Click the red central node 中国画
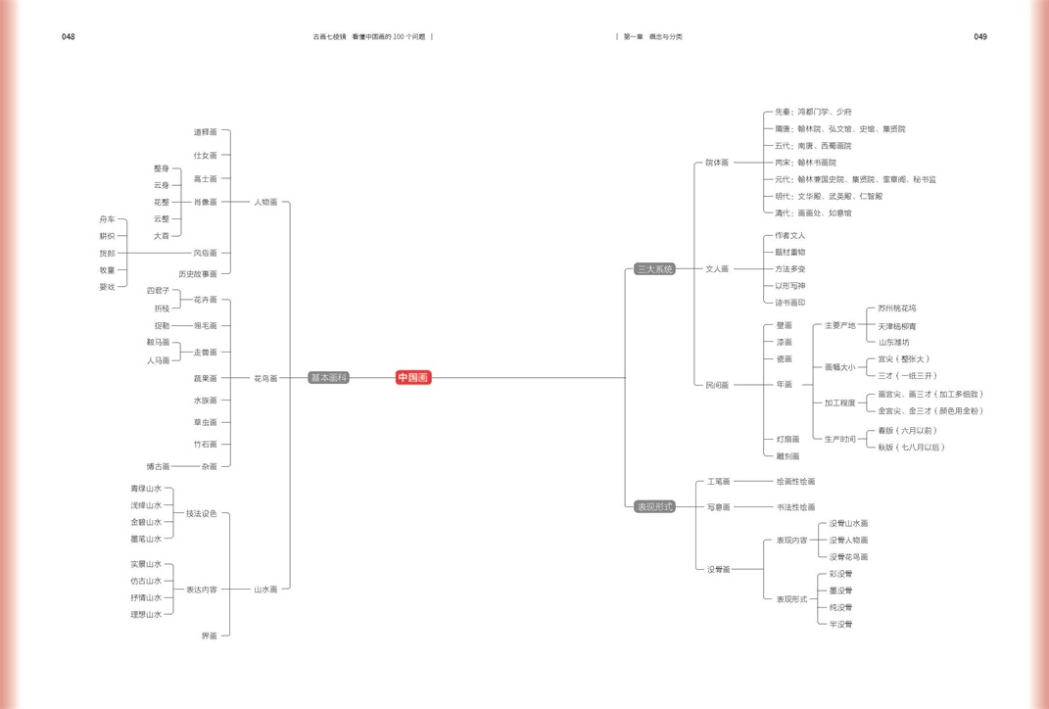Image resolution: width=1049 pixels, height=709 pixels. pos(413,378)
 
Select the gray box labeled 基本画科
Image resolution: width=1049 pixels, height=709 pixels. pos(329,378)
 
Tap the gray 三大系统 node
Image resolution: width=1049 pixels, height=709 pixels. pos(654,268)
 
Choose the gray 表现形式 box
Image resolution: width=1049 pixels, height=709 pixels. pos(654,507)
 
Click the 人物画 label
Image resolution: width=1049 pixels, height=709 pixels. pos(265,202)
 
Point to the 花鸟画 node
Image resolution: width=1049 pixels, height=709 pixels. pos(265,378)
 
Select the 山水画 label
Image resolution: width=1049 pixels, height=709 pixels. pos(265,590)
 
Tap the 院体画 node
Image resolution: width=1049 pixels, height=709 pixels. pos(717,163)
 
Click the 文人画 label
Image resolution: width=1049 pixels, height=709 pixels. pos(717,268)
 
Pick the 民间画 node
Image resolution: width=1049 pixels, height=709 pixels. pos(717,385)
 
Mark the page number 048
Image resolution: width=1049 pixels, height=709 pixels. pos(68,37)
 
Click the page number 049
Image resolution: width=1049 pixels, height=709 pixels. pos(980,37)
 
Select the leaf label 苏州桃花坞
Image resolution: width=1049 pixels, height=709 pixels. pos(897,308)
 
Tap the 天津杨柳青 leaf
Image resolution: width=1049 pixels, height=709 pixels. pos(897,326)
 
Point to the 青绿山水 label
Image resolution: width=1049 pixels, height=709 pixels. pos(146,489)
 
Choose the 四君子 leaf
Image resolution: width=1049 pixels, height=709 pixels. pos(158,291)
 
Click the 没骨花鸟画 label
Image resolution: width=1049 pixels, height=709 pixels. pos(848,556)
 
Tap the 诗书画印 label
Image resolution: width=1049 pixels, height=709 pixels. pos(789,303)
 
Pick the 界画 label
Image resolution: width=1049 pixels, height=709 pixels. pos(209,636)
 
